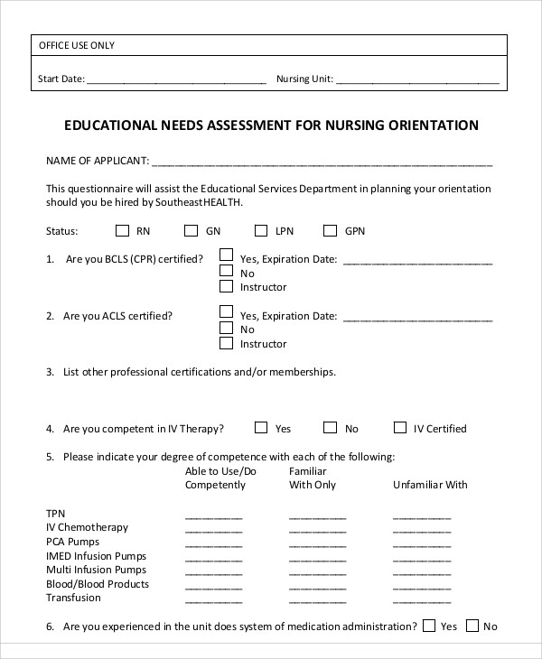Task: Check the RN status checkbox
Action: click(x=123, y=230)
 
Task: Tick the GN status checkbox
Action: click(x=192, y=230)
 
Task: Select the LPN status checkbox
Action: click(x=261, y=230)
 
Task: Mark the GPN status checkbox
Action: click(x=331, y=230)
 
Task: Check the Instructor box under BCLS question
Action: click(x=227, y=287)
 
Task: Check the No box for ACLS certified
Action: click(x=227, y=329)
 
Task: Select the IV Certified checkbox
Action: click(x=400, y=428)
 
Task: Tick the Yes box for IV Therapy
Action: click(x=261, y=428)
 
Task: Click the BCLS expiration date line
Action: click(x=417, y=261)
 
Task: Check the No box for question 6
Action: click(x=471, y=626)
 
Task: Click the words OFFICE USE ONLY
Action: click(x=77, y=46)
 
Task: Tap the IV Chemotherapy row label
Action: click(x=87, y=527)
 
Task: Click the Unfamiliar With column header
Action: click(x=430, y=485)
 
